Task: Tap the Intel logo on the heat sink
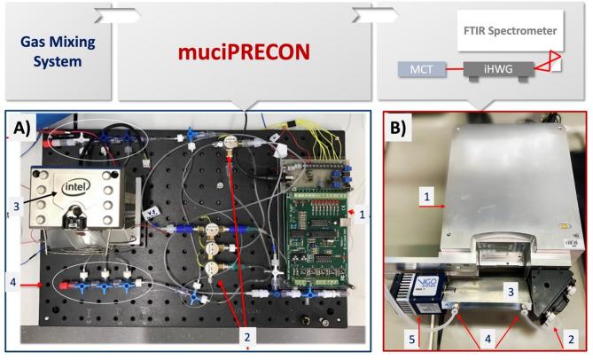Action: pyautogui.click(x=80, y=188)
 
